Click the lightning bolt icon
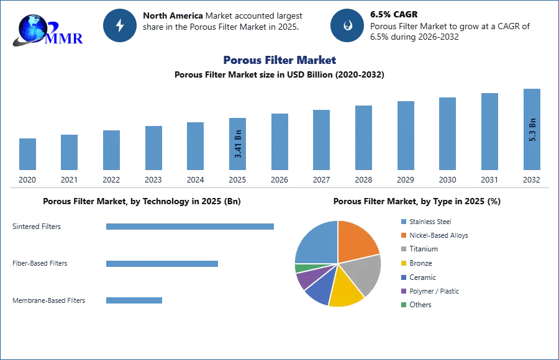pos(120,25)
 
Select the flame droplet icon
pos(347,25)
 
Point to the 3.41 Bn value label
pos(239,144)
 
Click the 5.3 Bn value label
pos(532,130)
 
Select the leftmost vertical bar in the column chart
pos(27,153)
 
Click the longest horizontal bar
pos(191,228)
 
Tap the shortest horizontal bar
pos(134,300)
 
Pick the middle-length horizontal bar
pos(161,263)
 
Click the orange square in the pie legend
pos(403,235)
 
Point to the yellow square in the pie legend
pos(403,263)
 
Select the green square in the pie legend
pos(403,304)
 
